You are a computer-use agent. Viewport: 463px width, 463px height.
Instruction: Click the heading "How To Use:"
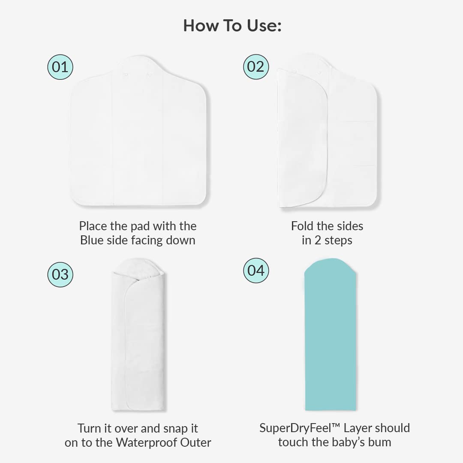coord(232,25)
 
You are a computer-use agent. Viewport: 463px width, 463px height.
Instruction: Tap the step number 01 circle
coord(60,67)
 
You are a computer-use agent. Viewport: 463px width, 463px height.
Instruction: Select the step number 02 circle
coord(256,67)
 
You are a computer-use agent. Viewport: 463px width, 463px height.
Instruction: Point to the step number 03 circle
coord(60,275)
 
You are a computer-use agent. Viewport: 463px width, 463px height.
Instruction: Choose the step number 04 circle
coord(256,271)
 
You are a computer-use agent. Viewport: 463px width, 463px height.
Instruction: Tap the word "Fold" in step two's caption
coord(301,226)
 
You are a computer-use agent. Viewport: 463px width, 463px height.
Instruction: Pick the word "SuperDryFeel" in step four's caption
coord(296,428)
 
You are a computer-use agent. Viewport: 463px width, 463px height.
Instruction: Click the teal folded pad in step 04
coord(330,334)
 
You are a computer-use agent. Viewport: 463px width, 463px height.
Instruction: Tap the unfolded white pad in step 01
coord(138,131)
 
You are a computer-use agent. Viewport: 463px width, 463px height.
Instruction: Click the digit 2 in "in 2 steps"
coord(317,241)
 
